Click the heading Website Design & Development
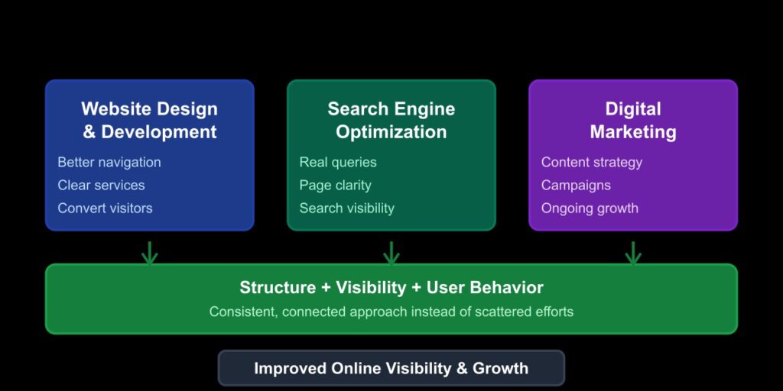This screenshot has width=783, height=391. [x=149, y=120]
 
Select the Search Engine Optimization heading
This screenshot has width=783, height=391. [x=391, y=120]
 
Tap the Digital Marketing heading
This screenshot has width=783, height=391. [x=632, y=120]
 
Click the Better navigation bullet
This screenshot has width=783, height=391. [x=109, y=162]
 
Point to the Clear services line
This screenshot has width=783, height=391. [x=101, y=185]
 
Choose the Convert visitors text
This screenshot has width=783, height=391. [x=105, y=208]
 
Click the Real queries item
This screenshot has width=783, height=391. [x=338, y=162]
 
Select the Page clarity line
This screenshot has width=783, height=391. [x=335, y=185]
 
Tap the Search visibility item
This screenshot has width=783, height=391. [x=346, y=208]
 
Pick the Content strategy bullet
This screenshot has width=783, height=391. [x=591, y=162]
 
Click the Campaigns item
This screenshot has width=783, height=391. [x=576, y=185]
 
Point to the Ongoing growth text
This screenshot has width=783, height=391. [x=590, y=208]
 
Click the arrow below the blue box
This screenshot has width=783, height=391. [x=149, y=253]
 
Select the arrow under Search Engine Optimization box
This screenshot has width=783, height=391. [x=391, y=253]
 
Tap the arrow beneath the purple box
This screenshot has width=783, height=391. [x=632, y=253]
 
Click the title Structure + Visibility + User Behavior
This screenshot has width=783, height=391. [x=391, y=287]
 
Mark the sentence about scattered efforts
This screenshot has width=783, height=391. [x=391, y=312]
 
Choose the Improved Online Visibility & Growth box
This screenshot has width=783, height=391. [x=391, y=368]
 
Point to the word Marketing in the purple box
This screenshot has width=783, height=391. [x=632, y=131]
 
